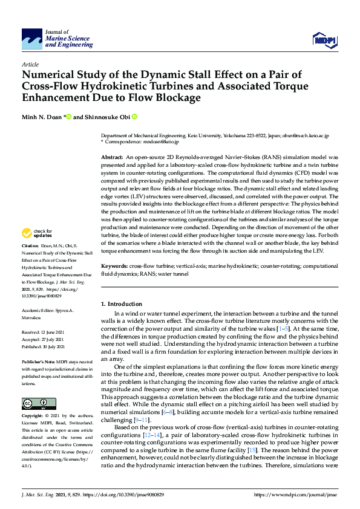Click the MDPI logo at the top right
pyautogui.click(x=324, y=40)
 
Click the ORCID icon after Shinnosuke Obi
pyautogui.click(x=134, y=117)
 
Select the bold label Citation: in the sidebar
pyautogui.click(x=30, y=247)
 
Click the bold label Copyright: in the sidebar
pyautogui.click(x=33, y=417)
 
